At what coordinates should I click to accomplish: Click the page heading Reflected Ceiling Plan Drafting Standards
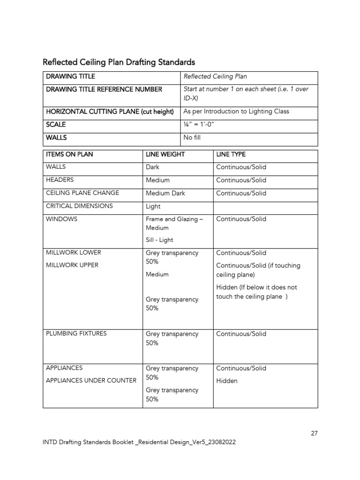point(119,62)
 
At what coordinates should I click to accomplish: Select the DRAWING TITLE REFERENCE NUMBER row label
point(104,89)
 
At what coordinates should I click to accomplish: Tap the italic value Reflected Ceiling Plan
point(215,76)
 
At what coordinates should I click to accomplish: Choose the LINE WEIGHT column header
point(165,154)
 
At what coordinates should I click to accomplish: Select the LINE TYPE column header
point(231,154)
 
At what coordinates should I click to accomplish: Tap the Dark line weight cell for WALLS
point(152,167)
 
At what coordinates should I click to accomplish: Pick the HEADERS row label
point(60,180)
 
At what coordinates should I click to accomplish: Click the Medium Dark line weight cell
point(165,193)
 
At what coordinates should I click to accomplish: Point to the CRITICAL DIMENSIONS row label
point(79,206)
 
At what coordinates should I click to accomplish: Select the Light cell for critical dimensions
point(153,206)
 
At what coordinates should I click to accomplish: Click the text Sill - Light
point(159,240)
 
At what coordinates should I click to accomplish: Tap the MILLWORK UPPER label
point(72,265)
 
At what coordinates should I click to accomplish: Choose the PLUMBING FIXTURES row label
point(76,333)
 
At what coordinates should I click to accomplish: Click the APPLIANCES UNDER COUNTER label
point(91,380)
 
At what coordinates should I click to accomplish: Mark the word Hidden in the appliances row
point(227,381)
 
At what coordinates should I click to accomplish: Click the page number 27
point(314,433)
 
